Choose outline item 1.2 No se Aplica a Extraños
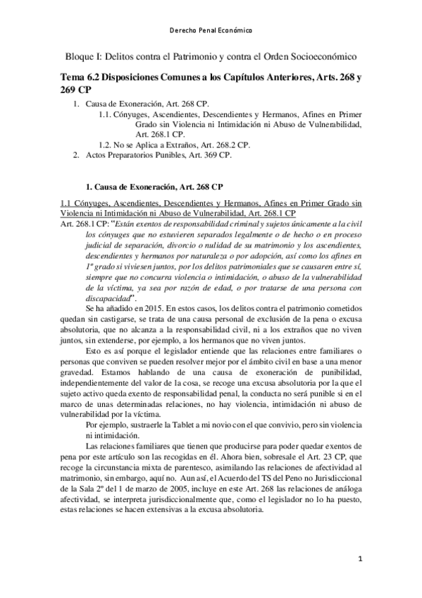pyautogui.click(x=175, y=145)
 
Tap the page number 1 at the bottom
pyautogui.click(x=359, y=559)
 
